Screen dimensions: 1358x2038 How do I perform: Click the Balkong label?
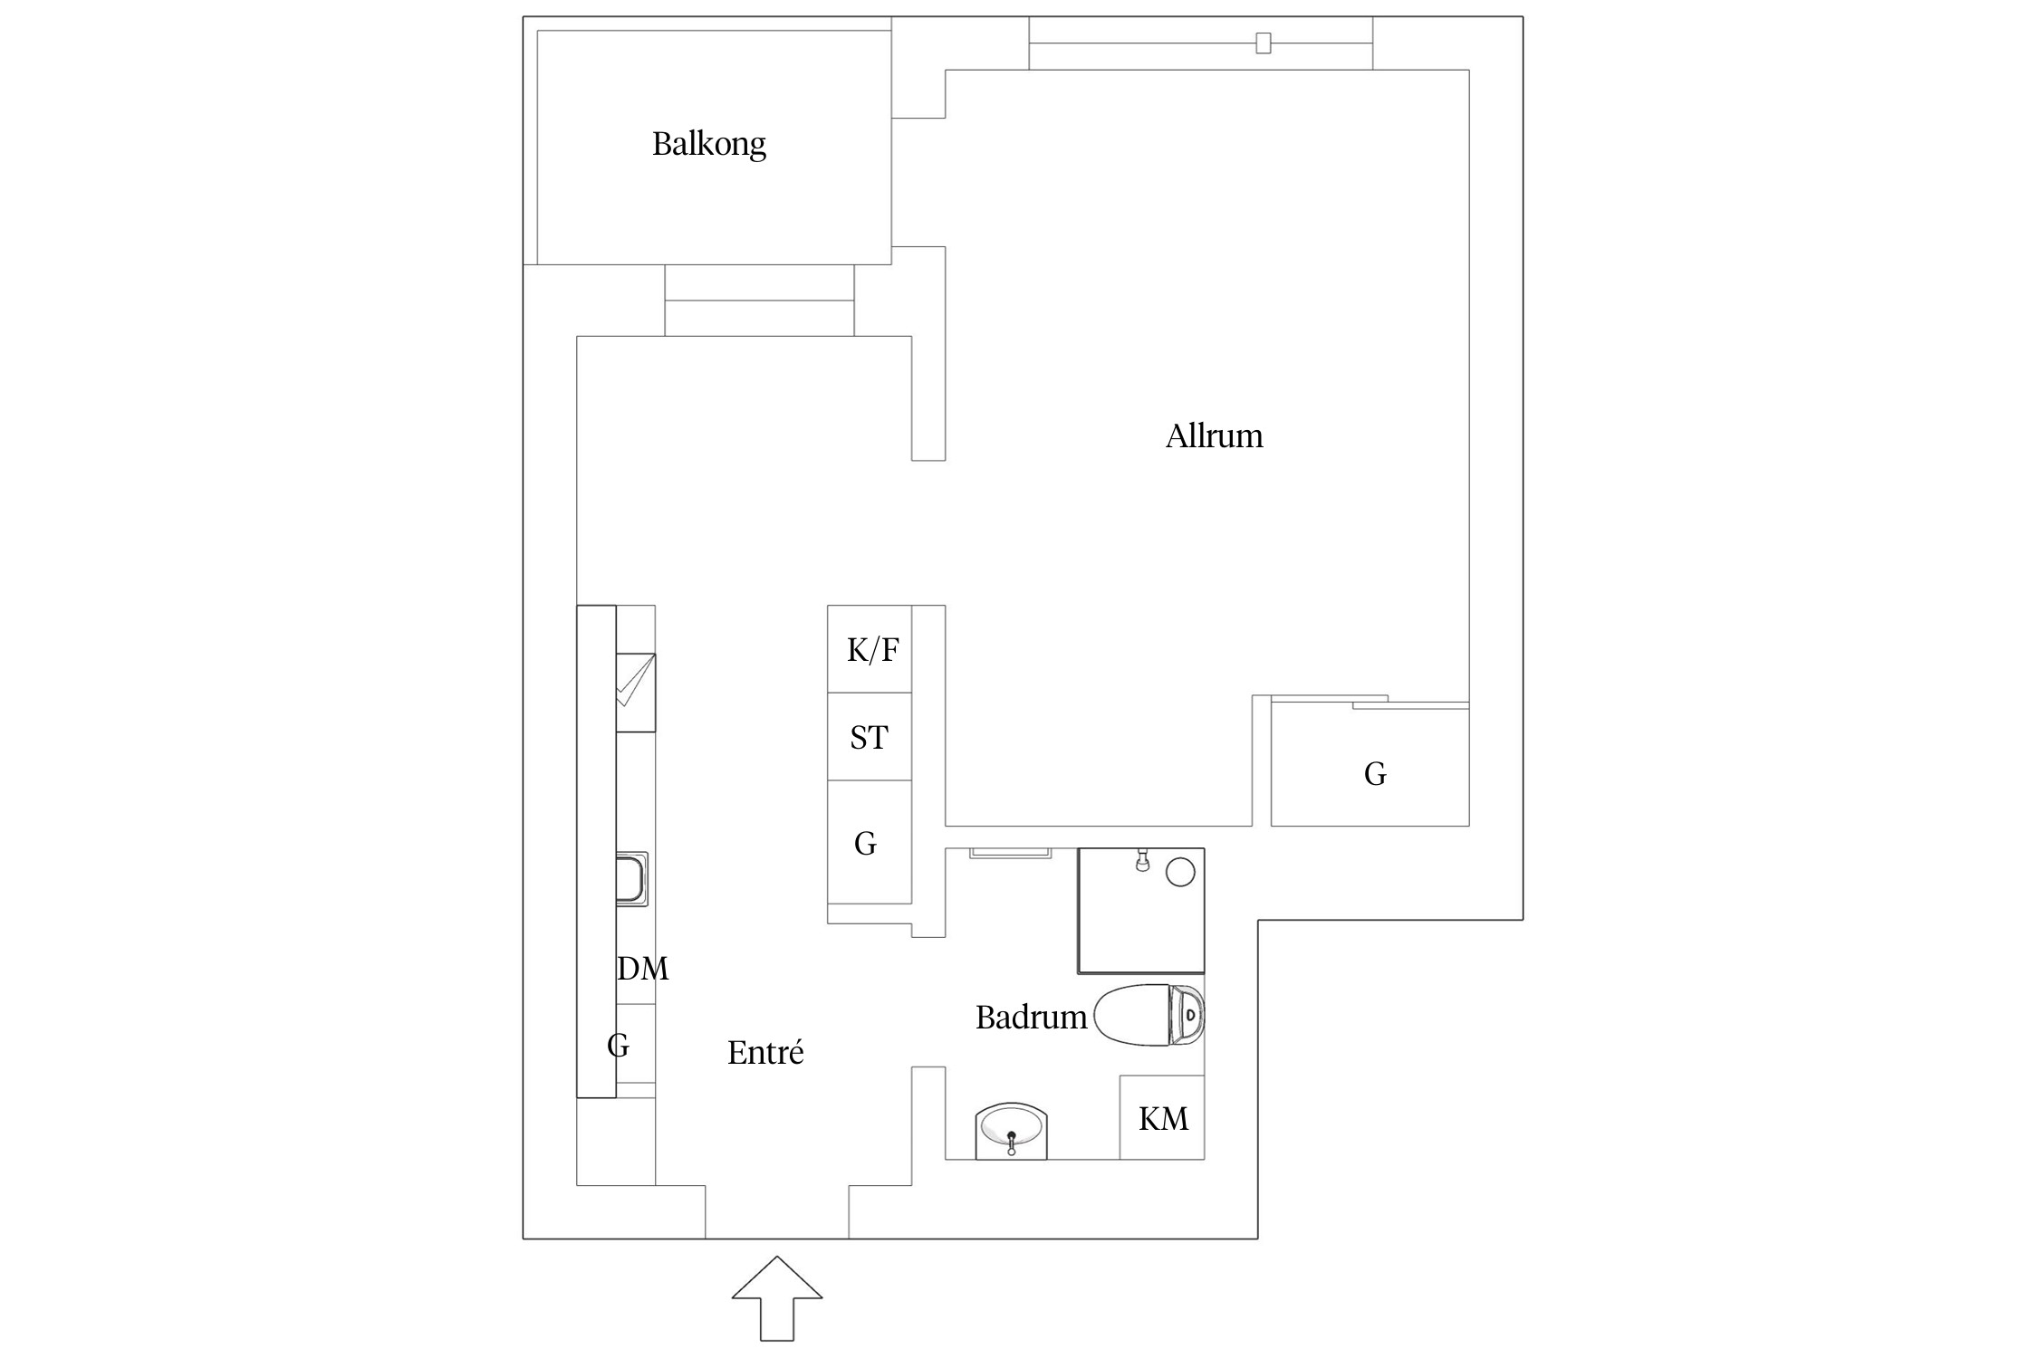click(x=708, y=144)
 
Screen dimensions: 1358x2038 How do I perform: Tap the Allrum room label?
click(x=1214, y=436)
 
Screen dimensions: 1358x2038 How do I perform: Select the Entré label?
click(x=765, y=1052)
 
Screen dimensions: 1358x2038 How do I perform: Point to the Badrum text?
click(x=1031, y=1018)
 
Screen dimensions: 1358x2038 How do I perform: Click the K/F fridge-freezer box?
click(x=870, y=649)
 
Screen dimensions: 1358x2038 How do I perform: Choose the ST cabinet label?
click(x=869, y=738)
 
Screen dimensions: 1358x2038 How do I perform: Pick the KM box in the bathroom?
click(x=1162, y=1118)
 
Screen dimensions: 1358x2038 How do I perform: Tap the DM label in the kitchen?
click(x=642, y=969)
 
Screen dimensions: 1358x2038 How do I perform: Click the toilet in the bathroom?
click(x=1137, y=1015)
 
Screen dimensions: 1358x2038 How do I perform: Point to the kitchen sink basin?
click(x=630, y=879)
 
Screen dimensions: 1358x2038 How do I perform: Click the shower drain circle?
click(x=1180, y=873)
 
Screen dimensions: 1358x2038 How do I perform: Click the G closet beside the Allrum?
click(x=1373, y=773)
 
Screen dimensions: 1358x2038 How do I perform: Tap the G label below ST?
click(x=865, y=844)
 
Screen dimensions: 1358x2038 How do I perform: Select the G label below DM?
click(x=618, y=1045)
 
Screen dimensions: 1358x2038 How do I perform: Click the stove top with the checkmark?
click(x=635, y=693)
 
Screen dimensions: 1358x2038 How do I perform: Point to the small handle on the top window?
click(x=1263, y=43)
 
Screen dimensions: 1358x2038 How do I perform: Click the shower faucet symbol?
click(x=1142, y=861)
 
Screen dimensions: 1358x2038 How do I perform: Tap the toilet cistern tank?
click(x=1187, y=1015)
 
